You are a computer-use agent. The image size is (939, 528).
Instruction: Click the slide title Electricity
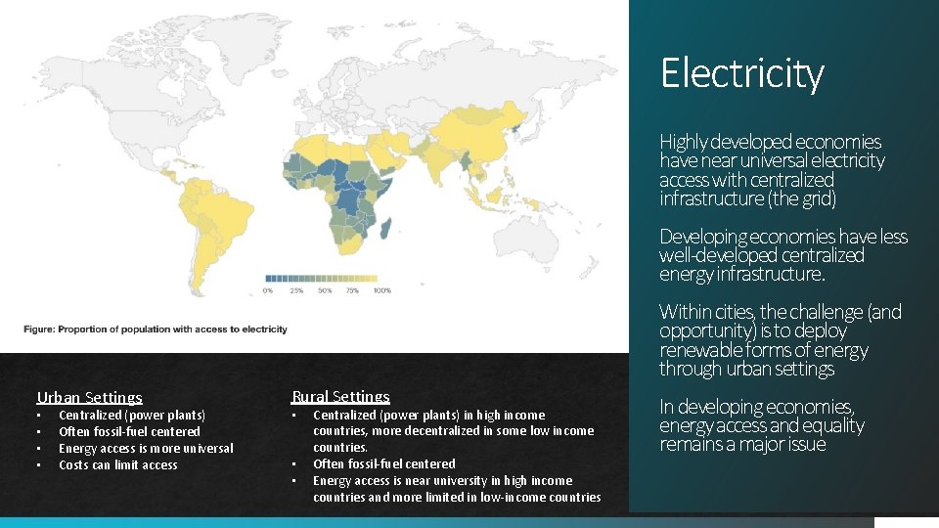[741, 73]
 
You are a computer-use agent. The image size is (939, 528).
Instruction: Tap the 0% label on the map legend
[268, 290]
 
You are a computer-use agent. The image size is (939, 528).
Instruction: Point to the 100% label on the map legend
[381, 290]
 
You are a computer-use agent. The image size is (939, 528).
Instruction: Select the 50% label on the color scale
[325, 290]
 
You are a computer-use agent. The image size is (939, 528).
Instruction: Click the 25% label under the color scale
[295, 290]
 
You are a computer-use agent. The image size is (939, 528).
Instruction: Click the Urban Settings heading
[89, 397]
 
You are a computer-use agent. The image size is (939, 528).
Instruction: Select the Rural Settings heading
[340, 396]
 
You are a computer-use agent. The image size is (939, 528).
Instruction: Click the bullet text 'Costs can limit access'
[118, 464]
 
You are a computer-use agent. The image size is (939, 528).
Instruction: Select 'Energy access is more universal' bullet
[146, 448]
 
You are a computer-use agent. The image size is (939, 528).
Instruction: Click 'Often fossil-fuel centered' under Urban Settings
[129, 431]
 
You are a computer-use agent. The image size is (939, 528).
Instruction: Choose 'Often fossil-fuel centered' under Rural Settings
[383, 463]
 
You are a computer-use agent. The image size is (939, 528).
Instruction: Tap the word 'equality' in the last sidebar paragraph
[828, 425]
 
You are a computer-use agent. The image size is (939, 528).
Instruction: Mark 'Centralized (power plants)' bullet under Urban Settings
[132, 415]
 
